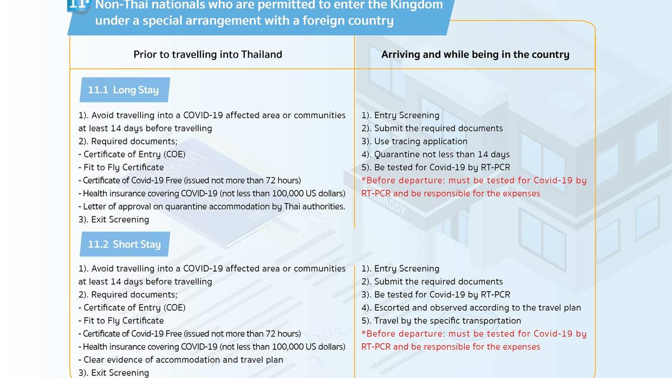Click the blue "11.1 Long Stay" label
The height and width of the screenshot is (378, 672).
click(x=123, y=90)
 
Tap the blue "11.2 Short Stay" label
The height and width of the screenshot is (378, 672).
click(x=124, y=245)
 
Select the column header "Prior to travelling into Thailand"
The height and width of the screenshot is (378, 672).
click(x=208, y=54)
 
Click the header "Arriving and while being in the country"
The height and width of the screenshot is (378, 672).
click(x=475, y=54)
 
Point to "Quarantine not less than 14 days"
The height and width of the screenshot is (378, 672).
click(x=435, y=155)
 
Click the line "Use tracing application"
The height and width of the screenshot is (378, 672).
click(x=414, y=141)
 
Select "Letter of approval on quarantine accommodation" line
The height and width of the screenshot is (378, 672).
click(x=212, y=207)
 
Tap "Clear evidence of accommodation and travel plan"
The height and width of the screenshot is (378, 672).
click(x=180, y=360)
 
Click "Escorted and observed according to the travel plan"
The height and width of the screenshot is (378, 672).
click(x=471, y=307)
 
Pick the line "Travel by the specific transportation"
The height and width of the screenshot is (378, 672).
click(x=441, y=320)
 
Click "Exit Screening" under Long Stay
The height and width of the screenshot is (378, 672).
click(x=114, y=220)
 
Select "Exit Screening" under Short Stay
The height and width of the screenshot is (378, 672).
click(x=114, y=372)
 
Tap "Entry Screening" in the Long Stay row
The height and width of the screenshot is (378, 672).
click(x=400, y=115)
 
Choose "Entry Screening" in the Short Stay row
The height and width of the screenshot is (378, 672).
click(x=400, y=269)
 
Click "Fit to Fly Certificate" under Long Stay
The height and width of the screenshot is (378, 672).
click(x=121, y=167)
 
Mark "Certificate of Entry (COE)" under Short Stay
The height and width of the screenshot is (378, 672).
click(x=132, y=307)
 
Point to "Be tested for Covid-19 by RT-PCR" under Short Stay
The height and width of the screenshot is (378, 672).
click(x=436, y=295)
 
